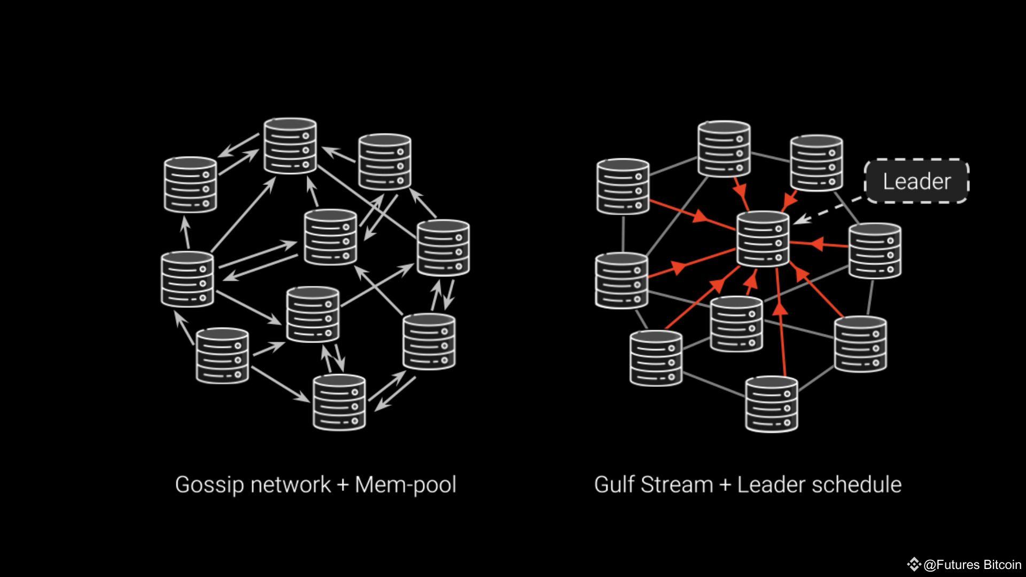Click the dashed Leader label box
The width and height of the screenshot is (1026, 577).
(916, 181)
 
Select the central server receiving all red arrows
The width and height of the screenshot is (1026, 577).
(763, 239)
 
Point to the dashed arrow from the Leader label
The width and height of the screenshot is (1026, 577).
(828, 210)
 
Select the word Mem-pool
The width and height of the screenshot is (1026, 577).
(406, 485)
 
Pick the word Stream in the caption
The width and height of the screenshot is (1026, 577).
(677, 485)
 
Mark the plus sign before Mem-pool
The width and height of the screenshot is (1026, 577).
(343, 485)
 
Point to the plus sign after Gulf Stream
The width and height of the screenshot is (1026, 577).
(725, 485)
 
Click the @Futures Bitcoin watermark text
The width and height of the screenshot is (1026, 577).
(973, 565)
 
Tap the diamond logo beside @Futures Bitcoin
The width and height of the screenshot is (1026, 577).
(914, 564)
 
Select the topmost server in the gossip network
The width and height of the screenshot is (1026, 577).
(290, 146)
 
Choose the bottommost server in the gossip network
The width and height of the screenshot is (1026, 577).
(339, 402)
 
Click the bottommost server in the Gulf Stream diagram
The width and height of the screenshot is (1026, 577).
(772, 404)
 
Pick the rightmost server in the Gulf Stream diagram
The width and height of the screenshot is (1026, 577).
(875, 251)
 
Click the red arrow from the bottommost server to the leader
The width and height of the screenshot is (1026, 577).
(781, 322)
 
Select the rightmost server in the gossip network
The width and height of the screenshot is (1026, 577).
(444, 248)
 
